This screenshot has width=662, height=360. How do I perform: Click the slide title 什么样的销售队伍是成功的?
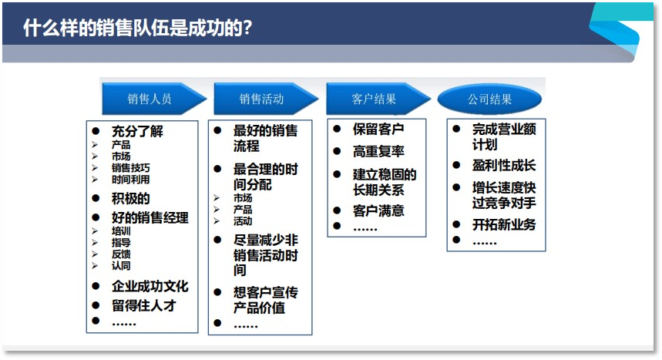click(x=139, y=29)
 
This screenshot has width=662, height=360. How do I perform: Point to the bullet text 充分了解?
click(x=137, y=131)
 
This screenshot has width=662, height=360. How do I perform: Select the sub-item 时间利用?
click(x=130, y=179)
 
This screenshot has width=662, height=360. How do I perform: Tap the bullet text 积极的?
click(x=130, y=199)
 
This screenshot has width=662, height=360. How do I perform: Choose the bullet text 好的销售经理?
click(x=150, y=218)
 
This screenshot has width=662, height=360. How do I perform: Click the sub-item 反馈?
click(x=121, y=254)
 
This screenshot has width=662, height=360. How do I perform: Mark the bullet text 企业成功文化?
click(x=150, y=286)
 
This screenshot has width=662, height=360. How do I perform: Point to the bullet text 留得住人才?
click(x=144, y=305)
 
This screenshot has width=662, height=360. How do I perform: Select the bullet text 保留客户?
click(x=378, y=129)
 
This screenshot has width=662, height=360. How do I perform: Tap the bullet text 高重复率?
click(x=378, y=152)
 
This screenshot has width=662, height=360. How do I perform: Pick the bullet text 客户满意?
click(x=378, y=210)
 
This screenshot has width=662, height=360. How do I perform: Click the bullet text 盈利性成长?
click(x=504, y=166)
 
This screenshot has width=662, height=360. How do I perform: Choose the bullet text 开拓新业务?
click(x=504, y=224)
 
